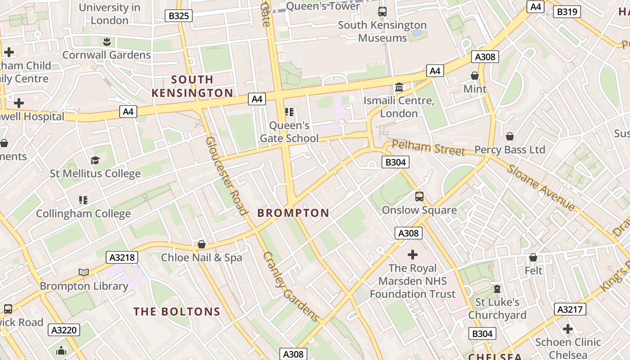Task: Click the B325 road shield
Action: pos(179,16)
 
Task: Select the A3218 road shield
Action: pos(122,257)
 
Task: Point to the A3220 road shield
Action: pos(64,330)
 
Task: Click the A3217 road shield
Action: pos(570,309)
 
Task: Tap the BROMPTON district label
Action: pos(293,213)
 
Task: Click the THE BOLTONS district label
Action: pos(177,311)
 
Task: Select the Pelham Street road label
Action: pos(428,148)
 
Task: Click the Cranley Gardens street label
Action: pos(291,287)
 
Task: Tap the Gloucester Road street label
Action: pos(227,176)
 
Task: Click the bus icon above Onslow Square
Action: pos(419,196)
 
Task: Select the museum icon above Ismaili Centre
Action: pos(399,87)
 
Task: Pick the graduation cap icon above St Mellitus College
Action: pos(95,160)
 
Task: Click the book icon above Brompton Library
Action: pos(84,272)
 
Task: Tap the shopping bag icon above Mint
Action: pos(475,75)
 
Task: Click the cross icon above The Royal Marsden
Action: pos(412,255)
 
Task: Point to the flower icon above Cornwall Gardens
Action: pos(107,42)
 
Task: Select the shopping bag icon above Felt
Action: pos(533,257)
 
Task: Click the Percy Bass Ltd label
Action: pos(510,150)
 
